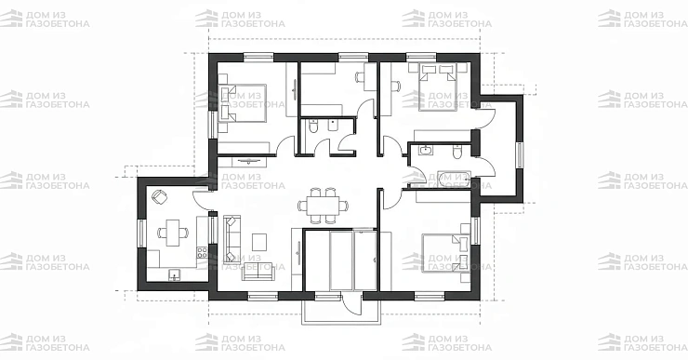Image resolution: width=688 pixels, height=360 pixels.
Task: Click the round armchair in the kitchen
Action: pyautogui.click(x=159, y=196)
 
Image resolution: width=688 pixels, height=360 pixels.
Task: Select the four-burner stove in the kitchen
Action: pyautogui.click(x=202, y=252)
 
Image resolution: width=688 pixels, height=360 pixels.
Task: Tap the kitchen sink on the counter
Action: pyautogui.click(x=175, y=275)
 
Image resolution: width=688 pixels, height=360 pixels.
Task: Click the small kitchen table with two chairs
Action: pyautogui.click(x=172, y=233)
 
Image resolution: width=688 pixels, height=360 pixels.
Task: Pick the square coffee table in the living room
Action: pyautogui.click(x=259, y=241)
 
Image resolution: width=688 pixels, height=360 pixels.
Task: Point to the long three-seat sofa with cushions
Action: pyautogui.click(x=232, y=239)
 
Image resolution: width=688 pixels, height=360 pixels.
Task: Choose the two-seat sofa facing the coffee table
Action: pyautogui.click(x=258, y=272)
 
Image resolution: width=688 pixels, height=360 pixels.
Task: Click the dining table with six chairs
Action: pyautogui.click(x=324, y=206)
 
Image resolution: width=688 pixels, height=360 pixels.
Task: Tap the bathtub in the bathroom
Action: pyautogui.click(x=454, y=180)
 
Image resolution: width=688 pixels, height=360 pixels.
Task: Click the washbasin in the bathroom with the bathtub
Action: pyautogui.click(x=426, y=151)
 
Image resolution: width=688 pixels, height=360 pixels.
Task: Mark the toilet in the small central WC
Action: pyautogui.click(x=312, y=127)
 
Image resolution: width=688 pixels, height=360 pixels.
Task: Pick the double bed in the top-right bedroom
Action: pyautogui.click(x=439, y=87)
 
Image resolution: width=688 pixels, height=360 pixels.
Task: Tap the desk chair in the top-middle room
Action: pyautogui.click(x=360, y=77)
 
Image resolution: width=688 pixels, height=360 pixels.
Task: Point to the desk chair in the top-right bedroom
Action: pyautogui.click(x=396, y=87)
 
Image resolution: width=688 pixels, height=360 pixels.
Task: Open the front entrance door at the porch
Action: pyautogui.click(x=352, y=304)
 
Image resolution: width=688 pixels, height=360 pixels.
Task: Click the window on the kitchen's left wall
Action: pyautogui.click(x=141, y=233)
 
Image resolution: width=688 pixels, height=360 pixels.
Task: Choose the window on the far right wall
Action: pyautogui.click(x=520, y=155)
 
